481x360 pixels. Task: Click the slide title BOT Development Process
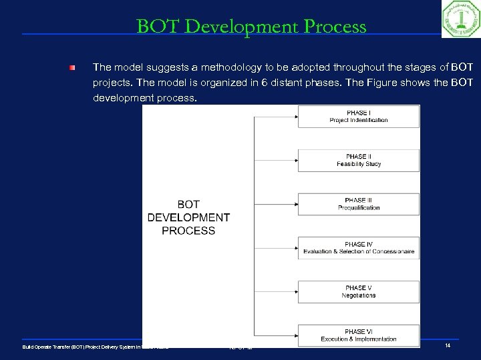pyautogui.click(x=251, y=27)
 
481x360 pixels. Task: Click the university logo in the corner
pyautogui.click(x=460, y=19)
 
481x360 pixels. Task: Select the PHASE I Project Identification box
pyautogui.click(x=358, y=117)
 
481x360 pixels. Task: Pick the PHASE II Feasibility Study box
pyautogui.click(x=358, y=160)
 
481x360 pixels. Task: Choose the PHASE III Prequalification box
pyautogui.click(x=358, y=204)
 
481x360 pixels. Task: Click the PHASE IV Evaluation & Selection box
pyautogui.click(x=358, y=248)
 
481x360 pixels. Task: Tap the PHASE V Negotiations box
pyautogui.click(x=358, y=291)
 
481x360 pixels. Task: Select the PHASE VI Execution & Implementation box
pyautogui.click(x=358, y=335)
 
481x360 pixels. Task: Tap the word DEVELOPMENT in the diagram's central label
pyautogui.click(x=188, y=217)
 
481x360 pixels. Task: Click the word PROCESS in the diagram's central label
pyautogui.click(x=188, y=231)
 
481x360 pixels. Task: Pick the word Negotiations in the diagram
pyautogui.click(x=358, y=295)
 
